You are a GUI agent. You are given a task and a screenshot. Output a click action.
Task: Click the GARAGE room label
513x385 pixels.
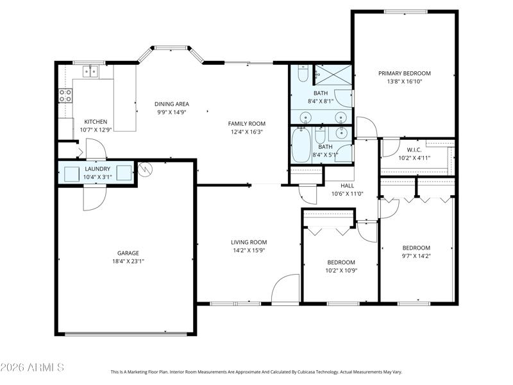[128, 253]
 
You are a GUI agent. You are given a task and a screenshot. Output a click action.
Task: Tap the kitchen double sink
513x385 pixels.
[90, 71]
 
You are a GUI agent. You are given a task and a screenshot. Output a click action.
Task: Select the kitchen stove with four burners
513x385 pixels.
[65, 96]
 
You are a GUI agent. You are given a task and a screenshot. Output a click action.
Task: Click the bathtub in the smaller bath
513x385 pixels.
[301, 145]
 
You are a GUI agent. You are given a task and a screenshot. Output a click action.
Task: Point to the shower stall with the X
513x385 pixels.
[333, 74]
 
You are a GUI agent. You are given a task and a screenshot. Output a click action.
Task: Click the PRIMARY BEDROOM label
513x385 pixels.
[405, 73]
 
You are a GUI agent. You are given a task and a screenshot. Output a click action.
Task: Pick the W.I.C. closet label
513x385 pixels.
[414, 150]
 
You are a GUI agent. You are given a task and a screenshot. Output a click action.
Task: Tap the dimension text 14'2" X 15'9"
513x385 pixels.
[249, 250]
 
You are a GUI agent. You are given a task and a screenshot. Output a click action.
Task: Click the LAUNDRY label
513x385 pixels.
[97, 169]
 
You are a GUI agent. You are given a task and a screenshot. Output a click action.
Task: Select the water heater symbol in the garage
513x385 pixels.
[146, 169]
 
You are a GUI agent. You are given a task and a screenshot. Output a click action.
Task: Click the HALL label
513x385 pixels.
[347, 185]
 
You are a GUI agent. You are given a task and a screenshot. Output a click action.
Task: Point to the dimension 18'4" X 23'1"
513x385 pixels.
[128, 261]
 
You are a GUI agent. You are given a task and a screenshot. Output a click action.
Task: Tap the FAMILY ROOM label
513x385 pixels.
[247, 124]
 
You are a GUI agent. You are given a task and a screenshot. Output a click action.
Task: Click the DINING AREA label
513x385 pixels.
[172, 104]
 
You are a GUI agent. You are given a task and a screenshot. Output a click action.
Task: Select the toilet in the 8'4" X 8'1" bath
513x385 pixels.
[303, 73]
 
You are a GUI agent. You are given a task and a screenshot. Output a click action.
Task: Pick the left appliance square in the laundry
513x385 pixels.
[72, 174]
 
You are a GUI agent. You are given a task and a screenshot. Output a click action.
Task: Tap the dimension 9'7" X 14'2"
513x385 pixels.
[416, 256]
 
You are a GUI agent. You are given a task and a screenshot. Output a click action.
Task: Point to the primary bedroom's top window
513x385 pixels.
[406, 12]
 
